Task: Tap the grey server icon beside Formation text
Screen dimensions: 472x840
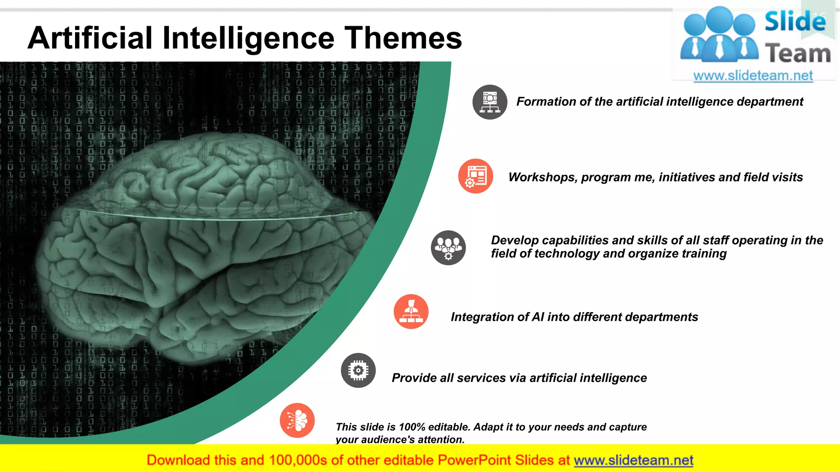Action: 490,102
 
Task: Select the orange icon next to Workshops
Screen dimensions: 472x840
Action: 476,176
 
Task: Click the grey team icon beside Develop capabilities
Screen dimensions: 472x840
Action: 448,247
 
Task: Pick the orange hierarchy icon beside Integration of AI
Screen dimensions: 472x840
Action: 411,311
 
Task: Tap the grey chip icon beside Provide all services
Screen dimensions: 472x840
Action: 358,370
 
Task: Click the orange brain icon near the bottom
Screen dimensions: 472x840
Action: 297,420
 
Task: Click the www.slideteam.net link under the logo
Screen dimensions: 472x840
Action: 753,76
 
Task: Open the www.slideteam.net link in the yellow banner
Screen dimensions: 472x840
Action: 633,461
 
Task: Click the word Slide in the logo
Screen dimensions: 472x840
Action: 795,21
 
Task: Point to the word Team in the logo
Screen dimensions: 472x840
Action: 798,54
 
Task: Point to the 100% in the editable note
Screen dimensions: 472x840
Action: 411,427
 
